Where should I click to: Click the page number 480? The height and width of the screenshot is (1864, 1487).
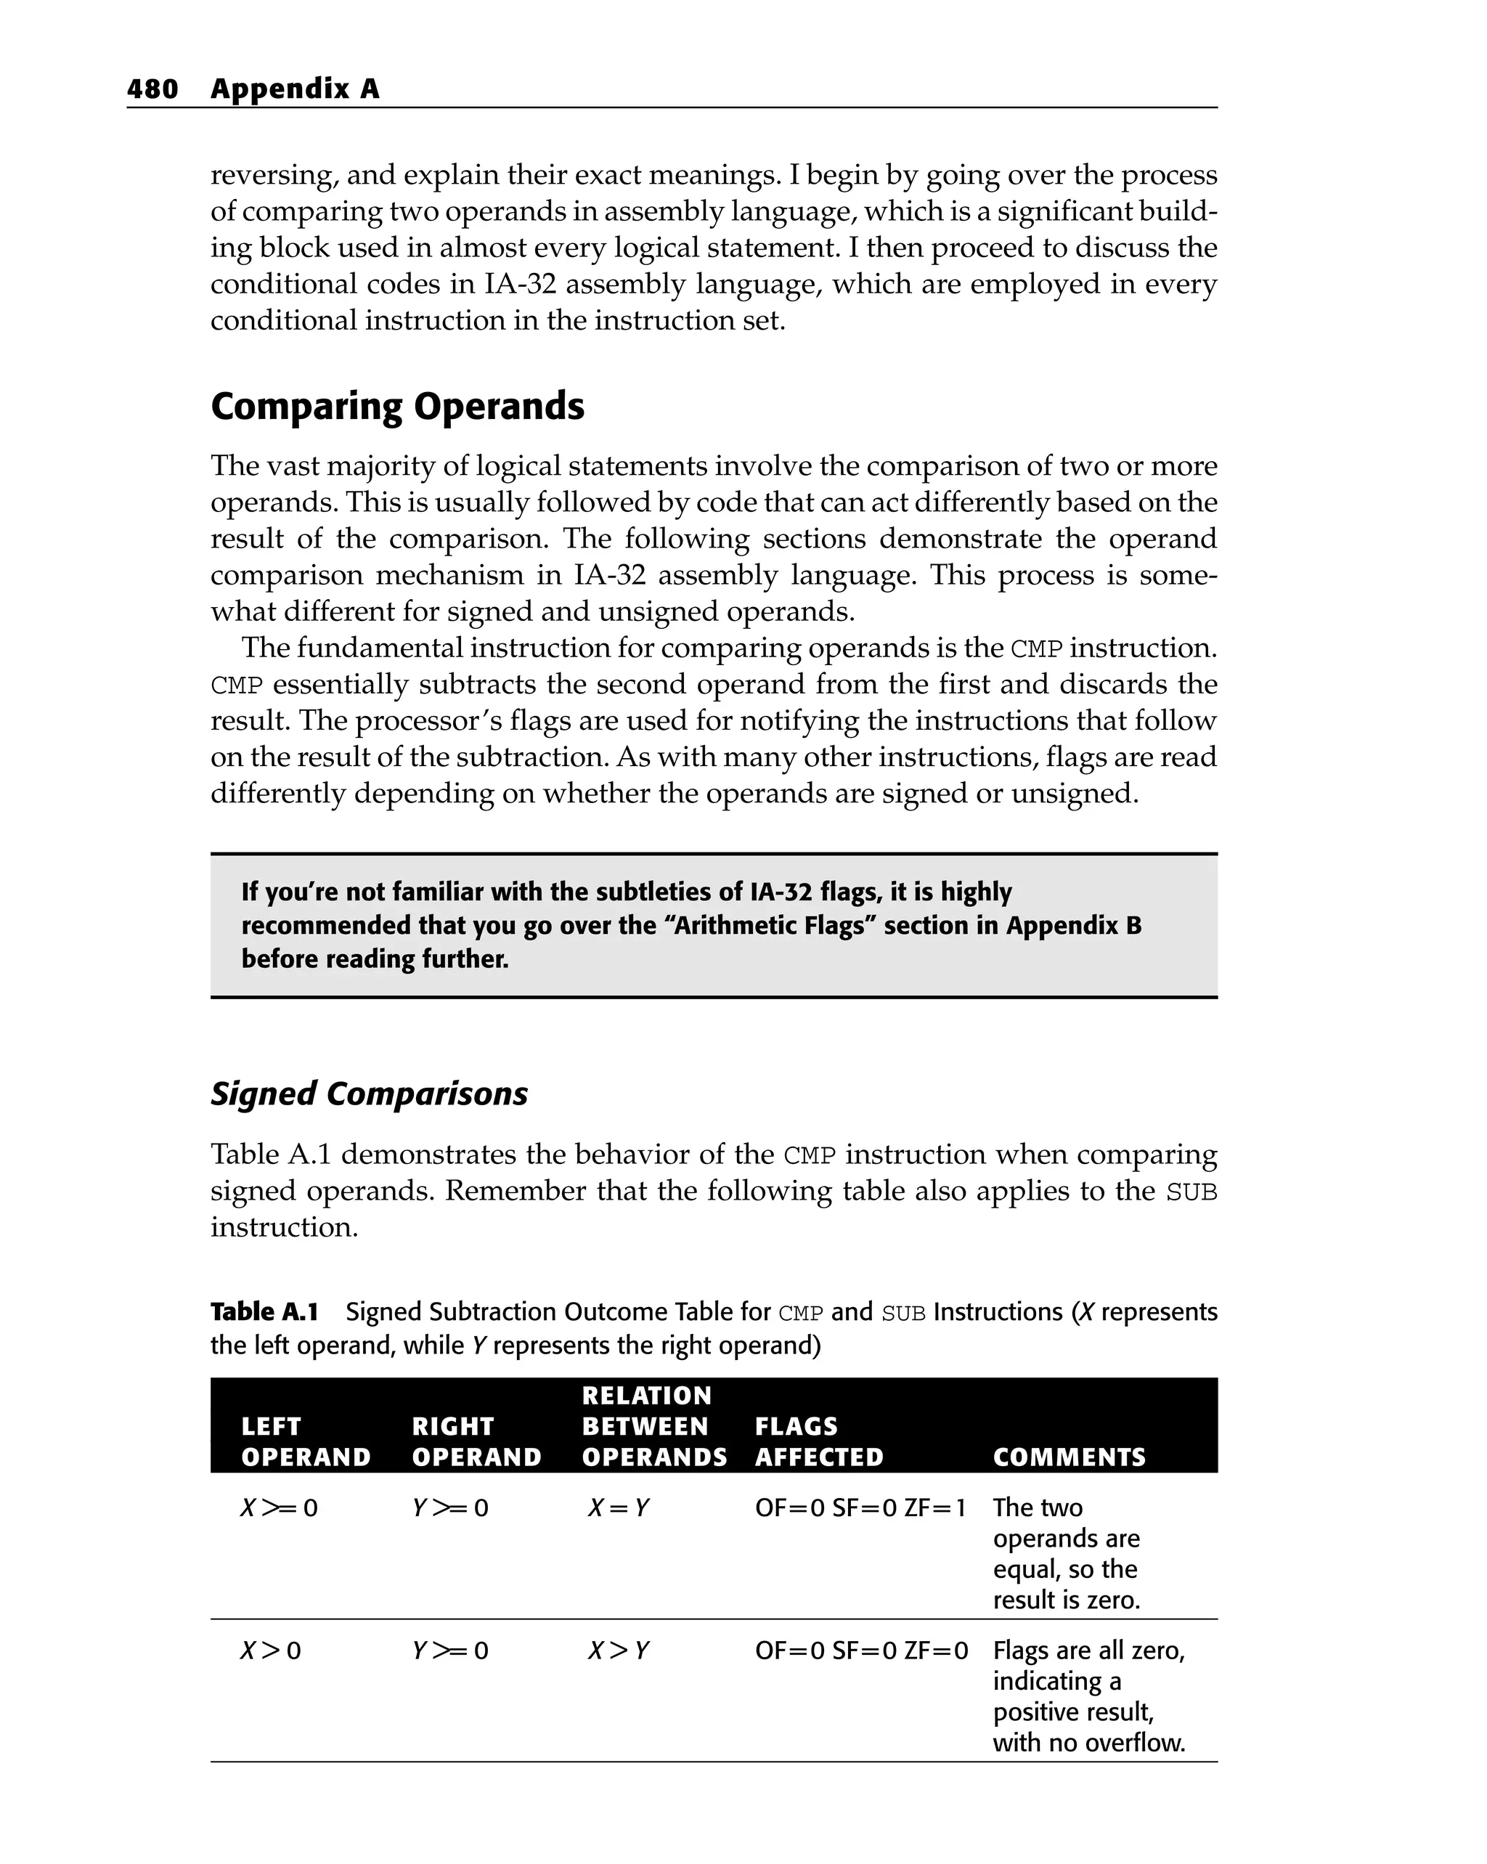coord(152,89)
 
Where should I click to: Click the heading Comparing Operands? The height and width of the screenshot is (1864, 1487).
coord(397,407)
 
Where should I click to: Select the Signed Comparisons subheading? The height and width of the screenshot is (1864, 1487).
coord(368,1094)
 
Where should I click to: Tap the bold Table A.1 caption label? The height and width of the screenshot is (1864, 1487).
coord(264,1312)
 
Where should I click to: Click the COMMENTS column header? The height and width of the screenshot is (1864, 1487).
coord(1069,1457)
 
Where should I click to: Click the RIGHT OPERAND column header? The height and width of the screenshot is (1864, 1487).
coord(476,1442)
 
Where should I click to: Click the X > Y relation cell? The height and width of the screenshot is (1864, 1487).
coord(617,1651)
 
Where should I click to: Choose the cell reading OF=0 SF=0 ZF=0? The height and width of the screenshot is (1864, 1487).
coord(861,1651)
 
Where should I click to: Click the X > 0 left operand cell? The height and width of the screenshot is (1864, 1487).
coord(269,1651)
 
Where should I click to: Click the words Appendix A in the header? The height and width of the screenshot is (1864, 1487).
coord(294,89)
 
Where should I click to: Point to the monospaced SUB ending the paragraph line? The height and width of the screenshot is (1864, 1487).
coord(1191,1192)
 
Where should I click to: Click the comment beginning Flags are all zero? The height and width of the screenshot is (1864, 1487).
coord(1088,1696)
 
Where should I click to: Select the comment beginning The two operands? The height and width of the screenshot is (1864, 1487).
coord(1065,1554)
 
